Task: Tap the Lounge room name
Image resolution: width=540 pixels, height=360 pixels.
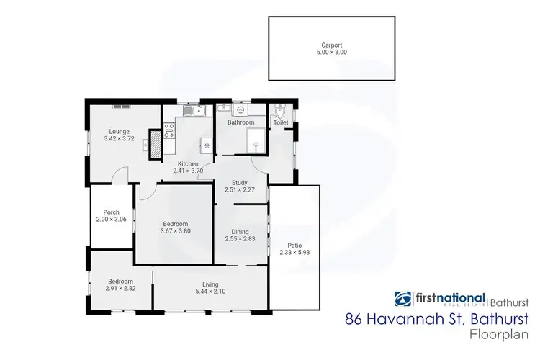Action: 119,131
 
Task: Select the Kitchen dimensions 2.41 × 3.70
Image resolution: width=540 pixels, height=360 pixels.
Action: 188,171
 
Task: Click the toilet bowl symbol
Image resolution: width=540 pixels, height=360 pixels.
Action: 281,113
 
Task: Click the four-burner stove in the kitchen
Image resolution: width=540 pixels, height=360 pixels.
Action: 171,130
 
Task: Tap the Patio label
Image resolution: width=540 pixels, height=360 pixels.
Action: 292,245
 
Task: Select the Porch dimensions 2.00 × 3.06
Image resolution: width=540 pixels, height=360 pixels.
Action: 112,219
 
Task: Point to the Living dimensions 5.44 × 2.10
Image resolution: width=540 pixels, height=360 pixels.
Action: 210,292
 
